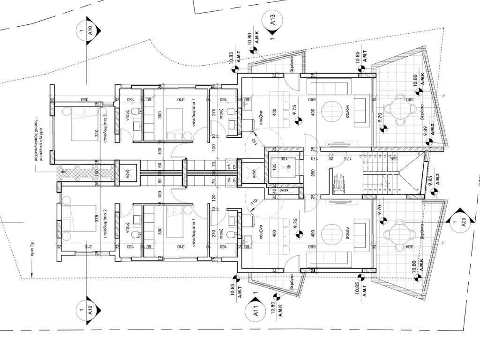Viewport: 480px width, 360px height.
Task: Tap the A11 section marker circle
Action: pos(256,311)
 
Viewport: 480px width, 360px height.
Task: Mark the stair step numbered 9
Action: pos(417,190)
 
